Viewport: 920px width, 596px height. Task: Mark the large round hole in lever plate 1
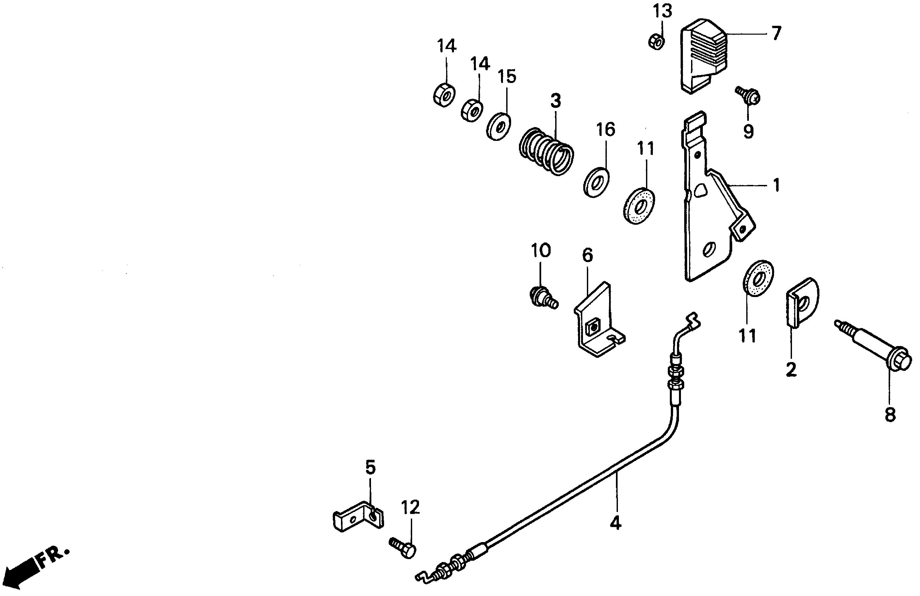click(709, 249)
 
